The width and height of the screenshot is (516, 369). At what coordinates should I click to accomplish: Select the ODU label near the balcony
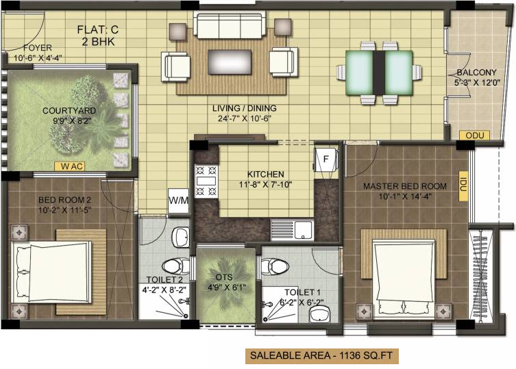(x=474, y=136)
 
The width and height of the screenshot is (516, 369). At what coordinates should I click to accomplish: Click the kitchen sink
(x=291, y=228)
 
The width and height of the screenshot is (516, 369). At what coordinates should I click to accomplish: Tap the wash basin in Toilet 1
(x=319, y=314)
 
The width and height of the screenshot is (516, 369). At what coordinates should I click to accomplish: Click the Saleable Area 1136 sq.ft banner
(x=322, y=356)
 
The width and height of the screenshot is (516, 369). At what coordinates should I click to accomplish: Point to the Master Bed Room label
(x=404, y=186)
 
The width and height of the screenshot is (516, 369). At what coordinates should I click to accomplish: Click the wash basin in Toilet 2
(x=180, y=237)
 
